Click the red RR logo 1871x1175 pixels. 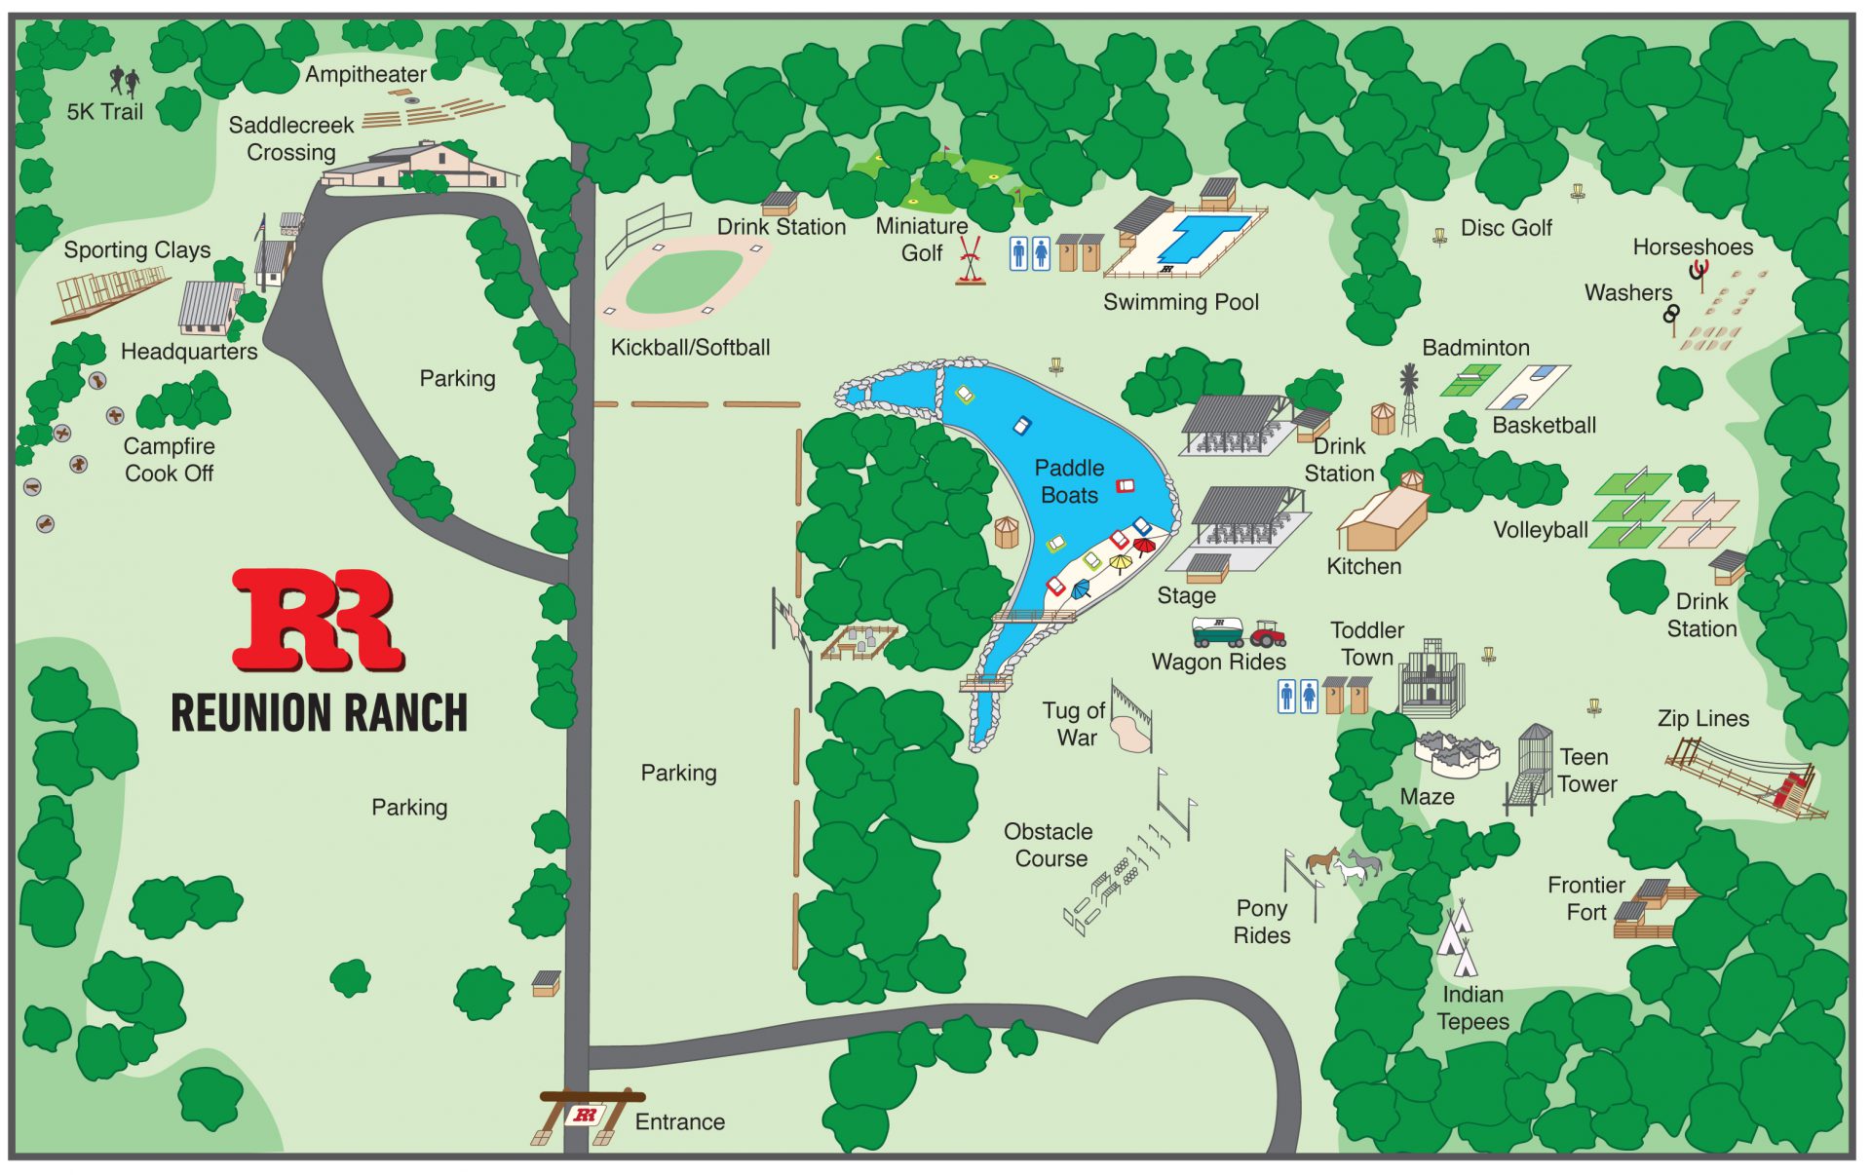point(317,620)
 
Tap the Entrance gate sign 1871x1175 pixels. point(586,1115)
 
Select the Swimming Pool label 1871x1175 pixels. point(1180,302)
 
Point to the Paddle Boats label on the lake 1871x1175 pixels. point(1069,481)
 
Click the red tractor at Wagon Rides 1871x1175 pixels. point(1268,634)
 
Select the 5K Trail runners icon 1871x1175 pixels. point(124,81)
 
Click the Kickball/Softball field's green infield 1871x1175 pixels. point(684,281)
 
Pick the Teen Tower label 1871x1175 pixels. point(1586,770)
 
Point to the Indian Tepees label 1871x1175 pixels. point(1471,1007)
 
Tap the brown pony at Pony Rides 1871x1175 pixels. point(1322,859)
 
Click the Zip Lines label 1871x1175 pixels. point(1702,718)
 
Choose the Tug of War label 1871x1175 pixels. point(1074,724)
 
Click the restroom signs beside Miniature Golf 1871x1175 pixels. point(1029,253)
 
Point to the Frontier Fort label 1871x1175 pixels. point(1585,898)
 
